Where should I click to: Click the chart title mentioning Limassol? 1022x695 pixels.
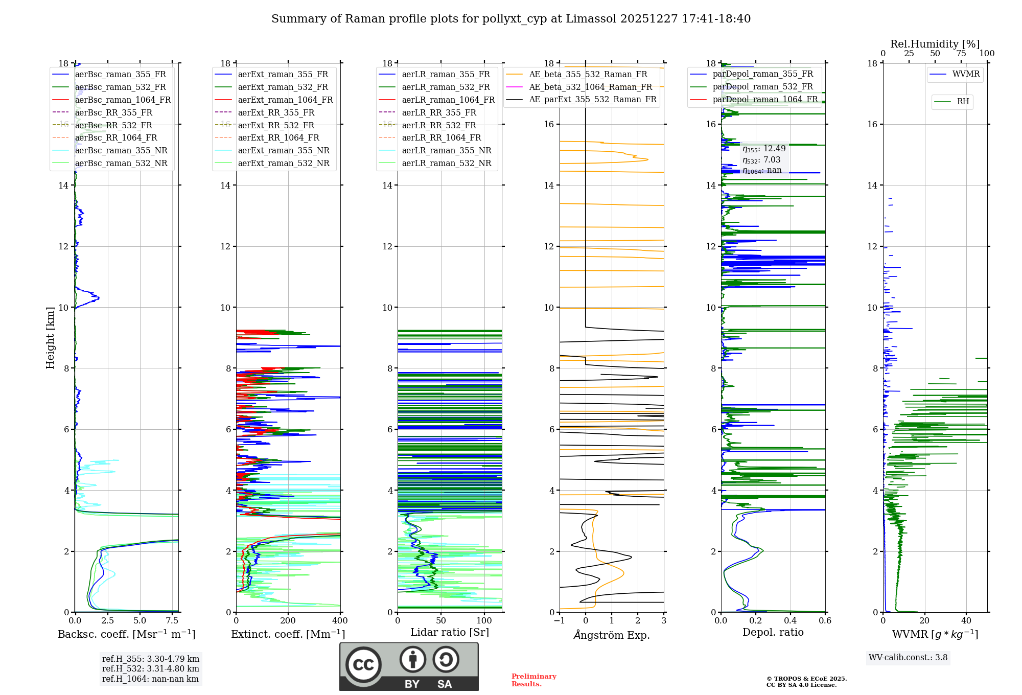(511, 19)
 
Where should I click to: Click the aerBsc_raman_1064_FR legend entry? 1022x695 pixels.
(123, 100)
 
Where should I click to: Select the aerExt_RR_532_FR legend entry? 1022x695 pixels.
(276, 125)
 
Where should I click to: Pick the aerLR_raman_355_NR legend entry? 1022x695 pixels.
(446, 150)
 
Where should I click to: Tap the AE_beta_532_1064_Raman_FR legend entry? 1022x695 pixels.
(590, 87)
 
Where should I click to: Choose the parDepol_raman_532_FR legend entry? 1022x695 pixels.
(762, 86)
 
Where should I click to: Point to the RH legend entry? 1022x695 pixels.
(963, 102)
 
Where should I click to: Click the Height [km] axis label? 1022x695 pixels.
(50, 338)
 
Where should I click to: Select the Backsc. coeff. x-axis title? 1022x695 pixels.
(126, 634)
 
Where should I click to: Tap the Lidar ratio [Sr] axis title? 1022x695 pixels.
(450, 632)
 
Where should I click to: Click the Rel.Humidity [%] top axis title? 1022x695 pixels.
(935, 44)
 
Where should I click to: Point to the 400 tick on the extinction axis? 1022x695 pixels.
(340, 620)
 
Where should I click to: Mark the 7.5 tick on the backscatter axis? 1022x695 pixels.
(172, 620)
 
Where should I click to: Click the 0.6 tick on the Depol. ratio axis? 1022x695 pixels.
(825, 620)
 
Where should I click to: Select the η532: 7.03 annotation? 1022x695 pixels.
(761, 160)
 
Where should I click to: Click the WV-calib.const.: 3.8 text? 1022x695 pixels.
(908, 658)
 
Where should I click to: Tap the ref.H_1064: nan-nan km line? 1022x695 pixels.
(150, 679)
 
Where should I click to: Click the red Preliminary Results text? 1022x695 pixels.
(533, 680)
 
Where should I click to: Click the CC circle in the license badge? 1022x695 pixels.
(363, 665)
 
